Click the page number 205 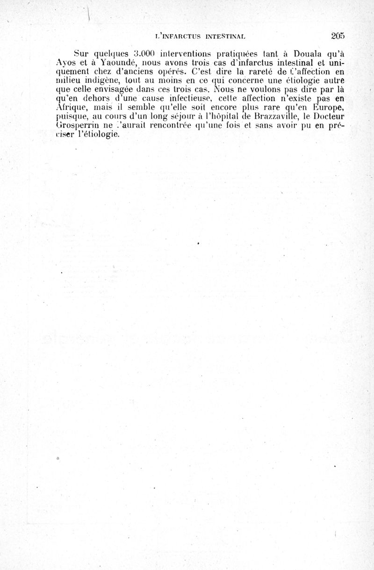(337, 36)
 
